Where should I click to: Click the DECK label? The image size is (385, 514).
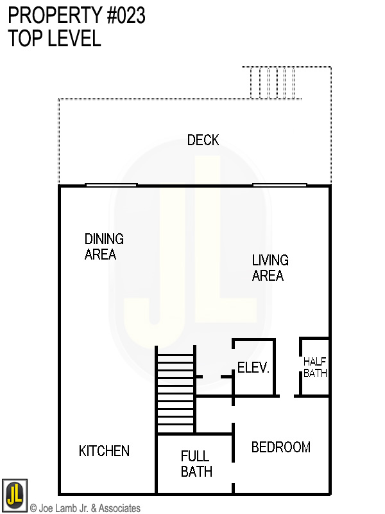203,140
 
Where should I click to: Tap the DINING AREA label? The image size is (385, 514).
103,247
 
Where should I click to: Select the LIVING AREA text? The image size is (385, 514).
269,268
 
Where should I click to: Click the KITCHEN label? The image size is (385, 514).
104,451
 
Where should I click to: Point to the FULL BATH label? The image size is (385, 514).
195,464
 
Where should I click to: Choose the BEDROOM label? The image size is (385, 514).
280,447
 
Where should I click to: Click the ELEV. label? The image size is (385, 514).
253,368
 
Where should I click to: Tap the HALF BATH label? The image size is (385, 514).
315,367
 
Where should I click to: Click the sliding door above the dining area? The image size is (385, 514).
111,185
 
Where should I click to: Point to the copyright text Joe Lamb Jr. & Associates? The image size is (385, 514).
85,508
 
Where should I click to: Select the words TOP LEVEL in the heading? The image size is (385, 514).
55,39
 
